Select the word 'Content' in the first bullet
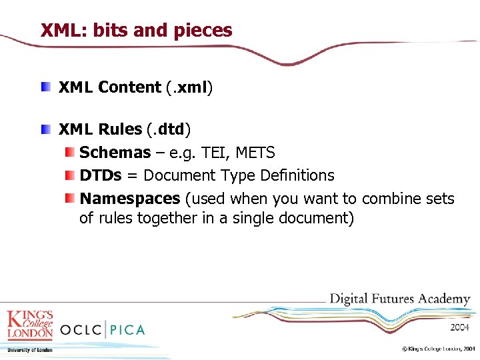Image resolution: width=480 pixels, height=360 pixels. point(129,87)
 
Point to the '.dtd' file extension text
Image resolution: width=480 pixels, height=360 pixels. point(169,129)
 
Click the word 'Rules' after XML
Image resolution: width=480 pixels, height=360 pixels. point(119,129)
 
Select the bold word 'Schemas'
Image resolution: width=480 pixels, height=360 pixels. point(115,153)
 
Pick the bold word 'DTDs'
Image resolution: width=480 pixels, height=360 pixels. point(101,175)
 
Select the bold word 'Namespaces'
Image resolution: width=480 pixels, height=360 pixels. point(130,199)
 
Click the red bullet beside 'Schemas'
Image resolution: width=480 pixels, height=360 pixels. point(69,153)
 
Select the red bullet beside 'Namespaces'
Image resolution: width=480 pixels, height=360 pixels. point(69,199)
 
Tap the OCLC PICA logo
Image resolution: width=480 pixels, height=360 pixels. point(102,329)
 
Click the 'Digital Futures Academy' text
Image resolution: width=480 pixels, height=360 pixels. point(400,299)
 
